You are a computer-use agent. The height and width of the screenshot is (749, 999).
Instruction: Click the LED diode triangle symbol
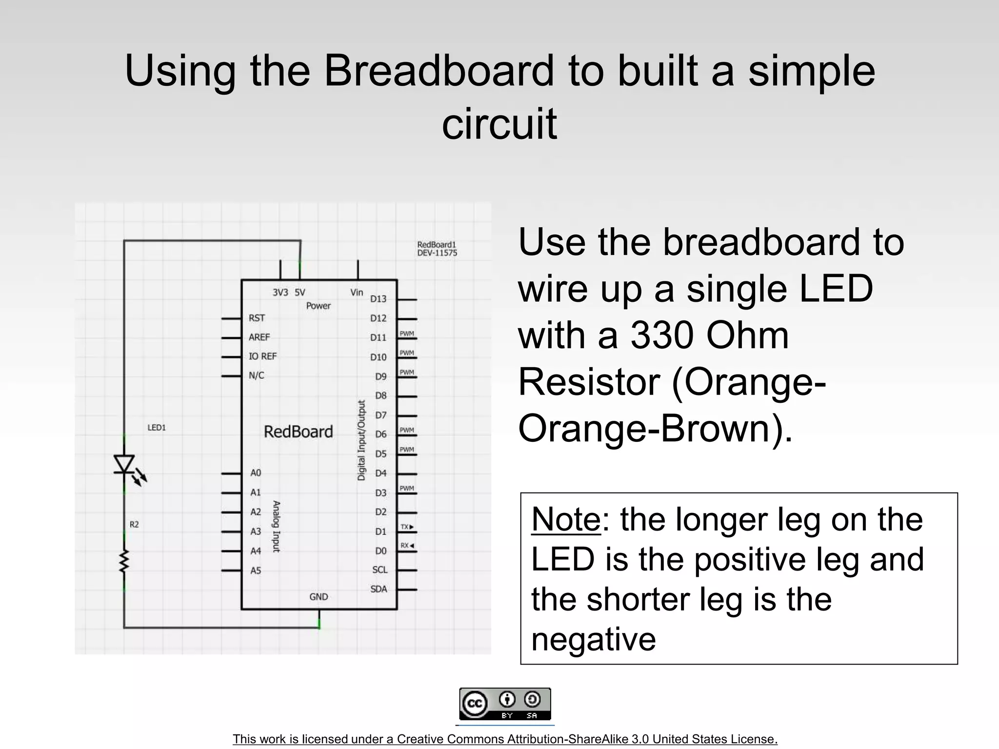tap(124, 464)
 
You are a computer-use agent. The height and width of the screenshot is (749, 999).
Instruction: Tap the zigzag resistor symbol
tap(124, 560)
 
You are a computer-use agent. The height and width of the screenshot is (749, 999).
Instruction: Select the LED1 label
tap(157, 428)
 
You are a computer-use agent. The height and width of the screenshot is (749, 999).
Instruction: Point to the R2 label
tap(134, 525)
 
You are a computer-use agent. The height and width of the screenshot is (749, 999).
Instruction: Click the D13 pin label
tap(378, 299)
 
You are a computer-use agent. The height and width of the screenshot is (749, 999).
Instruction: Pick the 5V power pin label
tap(300, 293)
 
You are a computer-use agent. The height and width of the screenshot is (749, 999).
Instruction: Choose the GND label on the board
tap(319, 597)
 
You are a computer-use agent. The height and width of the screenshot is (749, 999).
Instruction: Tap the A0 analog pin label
tap(256, 473)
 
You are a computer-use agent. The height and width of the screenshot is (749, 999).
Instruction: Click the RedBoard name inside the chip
tap(298, 432)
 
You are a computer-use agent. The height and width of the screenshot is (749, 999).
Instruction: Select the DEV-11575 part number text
tap(437, 253)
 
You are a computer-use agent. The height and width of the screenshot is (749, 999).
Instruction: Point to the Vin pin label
tap(357, 292)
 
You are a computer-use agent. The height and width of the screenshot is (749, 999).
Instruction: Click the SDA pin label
tap(379, 589)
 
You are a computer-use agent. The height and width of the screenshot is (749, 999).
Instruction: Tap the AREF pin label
tap(259, 337)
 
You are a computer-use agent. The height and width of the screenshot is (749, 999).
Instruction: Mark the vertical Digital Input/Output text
tap(361, 440)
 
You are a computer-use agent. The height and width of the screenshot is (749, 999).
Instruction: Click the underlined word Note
tap(566, 520)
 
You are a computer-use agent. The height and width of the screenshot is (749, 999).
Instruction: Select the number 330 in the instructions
tap(661, 336)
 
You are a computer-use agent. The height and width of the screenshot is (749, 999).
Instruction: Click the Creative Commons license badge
tap(505, 704)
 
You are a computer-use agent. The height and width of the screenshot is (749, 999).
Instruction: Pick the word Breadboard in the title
tap(439, 71)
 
